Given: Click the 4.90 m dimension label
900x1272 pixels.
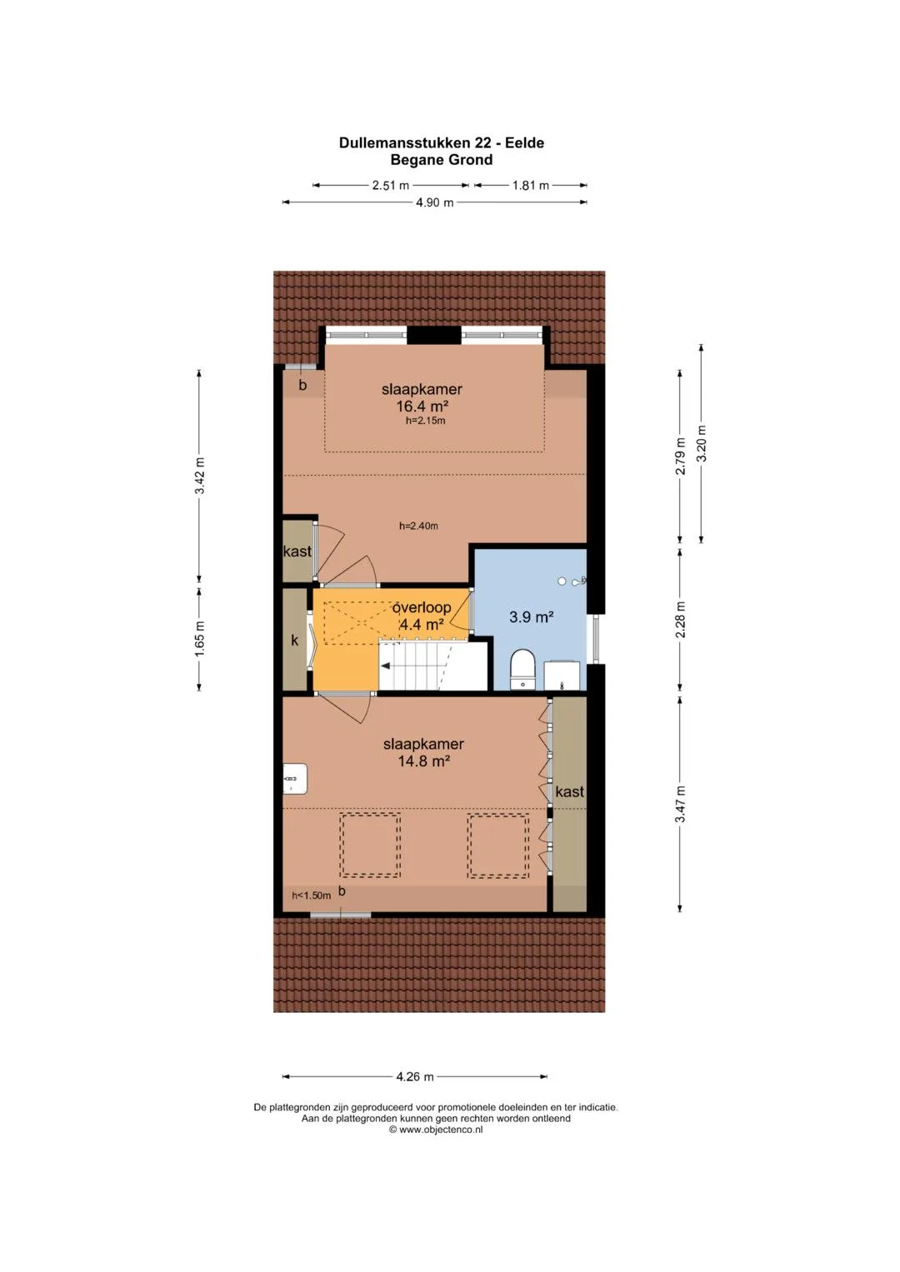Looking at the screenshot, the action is pyautogui.click(x=434, y=202).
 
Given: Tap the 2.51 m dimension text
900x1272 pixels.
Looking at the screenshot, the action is pyautogui.click(x=390, y=186).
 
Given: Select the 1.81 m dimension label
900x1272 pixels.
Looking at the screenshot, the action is pyautogui.click(x=531, y=186).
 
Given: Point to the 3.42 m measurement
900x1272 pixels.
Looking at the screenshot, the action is pyautogui.click(x=199, y=475).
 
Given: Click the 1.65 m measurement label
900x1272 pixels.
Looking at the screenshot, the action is pyautogui.click(x=199, y=639).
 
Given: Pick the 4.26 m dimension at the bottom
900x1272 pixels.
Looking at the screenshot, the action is pyautogui.click(x=415, y=1076).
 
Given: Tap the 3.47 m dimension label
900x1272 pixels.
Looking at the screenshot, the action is pyautogui.click(x=680, y=804).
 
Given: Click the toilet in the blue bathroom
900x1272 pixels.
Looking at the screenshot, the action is pyautogui.click(x=522, y=670).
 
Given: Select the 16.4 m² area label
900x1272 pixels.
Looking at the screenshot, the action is pyautogui.click(x=422, y=407).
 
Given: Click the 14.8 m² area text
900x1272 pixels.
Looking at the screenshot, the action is pyautogui.click(x=424, y=761).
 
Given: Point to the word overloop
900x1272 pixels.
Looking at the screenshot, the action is pyautogui.click(x=422, y=607).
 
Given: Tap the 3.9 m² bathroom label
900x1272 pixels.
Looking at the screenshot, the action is pyautogui.click(x=532, y=616).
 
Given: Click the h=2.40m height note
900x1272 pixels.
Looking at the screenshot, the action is pyautogui.click(x=418, y=526).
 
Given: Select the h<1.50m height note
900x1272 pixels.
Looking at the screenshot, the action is pyautogui.click(x=311, y=895).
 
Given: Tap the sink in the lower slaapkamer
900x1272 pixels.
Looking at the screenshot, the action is pyautogui.click(x=295, y=779).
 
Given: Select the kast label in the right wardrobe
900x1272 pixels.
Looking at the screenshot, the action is pyautogui.click(x=569, y=791).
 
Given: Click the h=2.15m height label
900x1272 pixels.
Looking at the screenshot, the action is pyautogui.click(x=425, y=421).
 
